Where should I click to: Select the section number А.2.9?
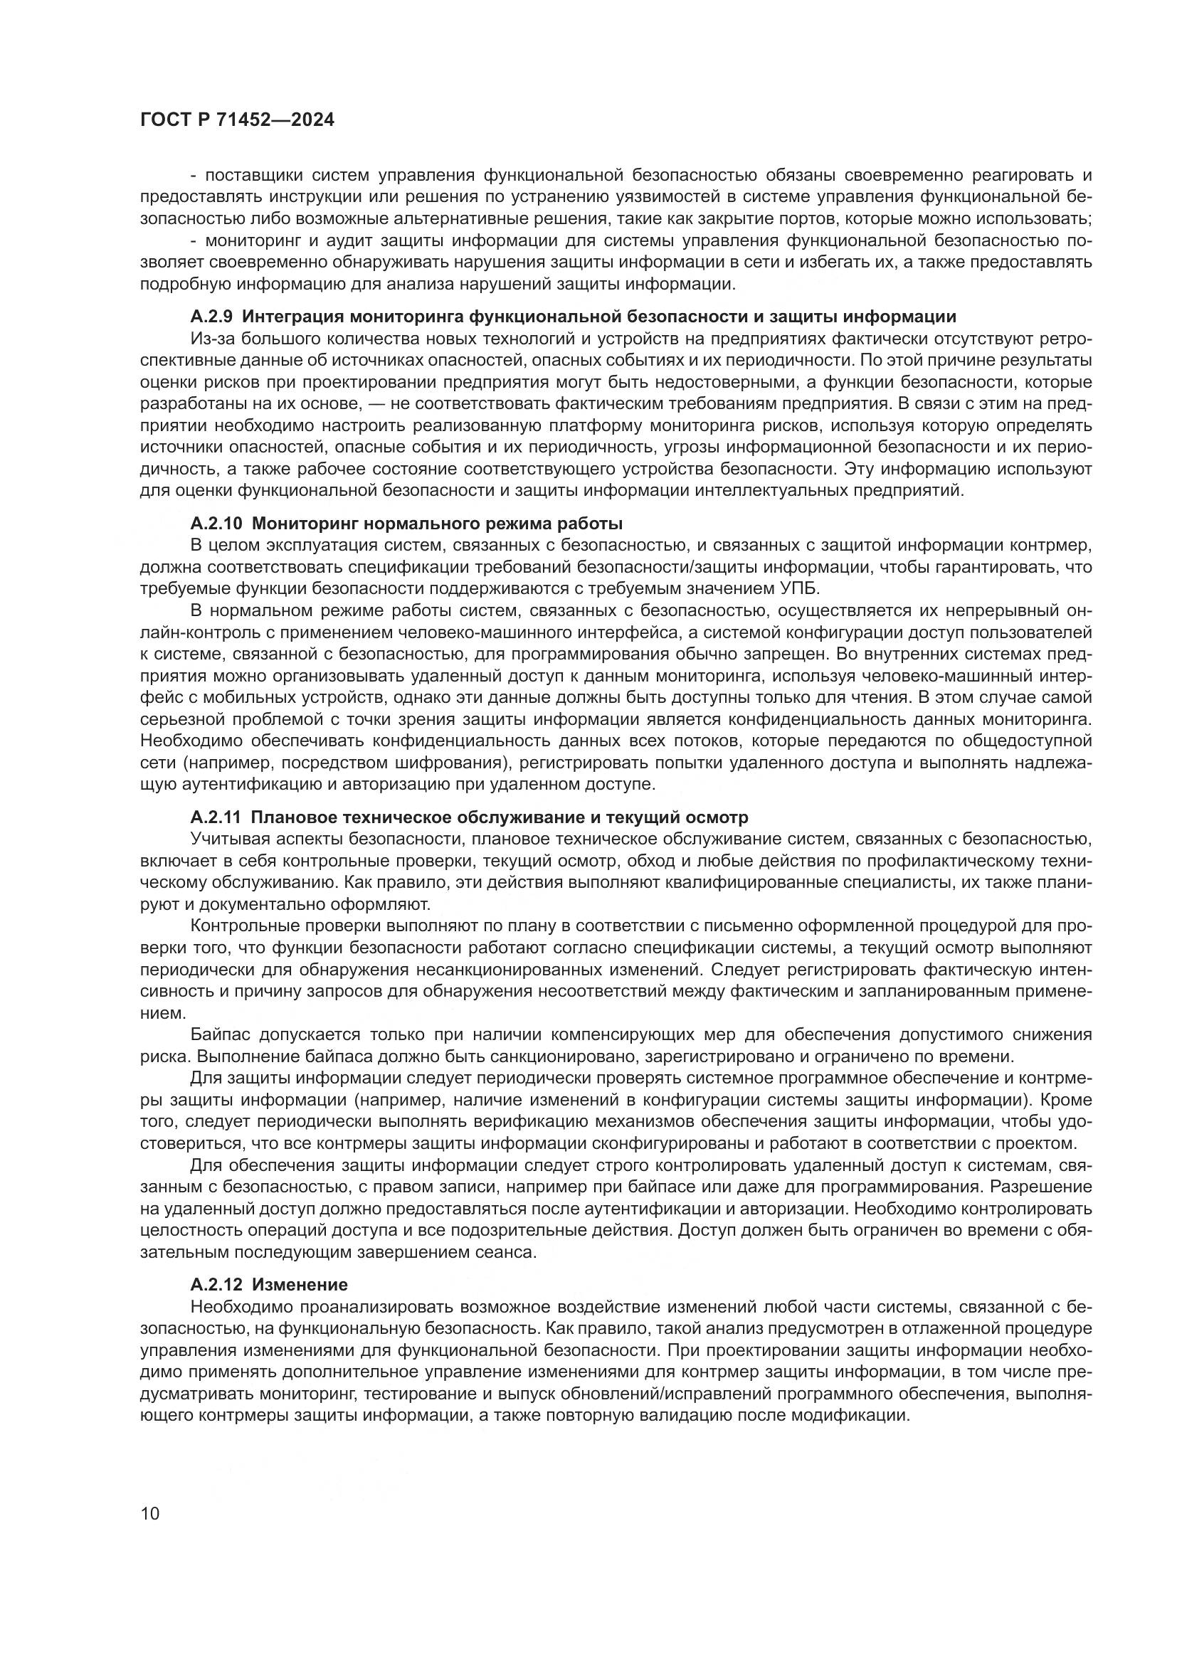(x=212, y=317)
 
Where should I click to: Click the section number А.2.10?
(x=217, y=524)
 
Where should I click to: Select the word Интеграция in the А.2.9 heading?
(x=295, y=317)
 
